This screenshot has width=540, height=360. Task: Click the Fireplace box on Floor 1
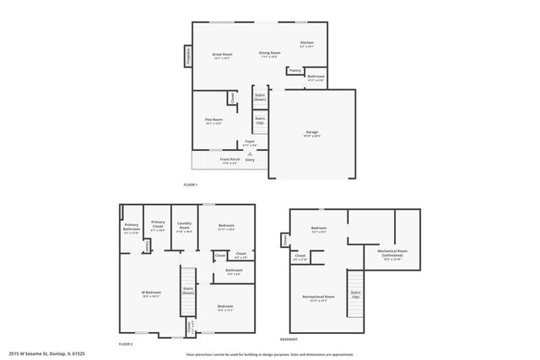click(x=187, y=56)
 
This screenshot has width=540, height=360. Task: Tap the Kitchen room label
click(x=307, y=44)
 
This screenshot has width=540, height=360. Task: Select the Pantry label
click(x=294, y=70)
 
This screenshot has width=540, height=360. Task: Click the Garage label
click(x=311, y=133)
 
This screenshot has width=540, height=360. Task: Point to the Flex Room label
click(x=213, y=121)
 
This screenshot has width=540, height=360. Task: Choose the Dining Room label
click(x=269, y=55)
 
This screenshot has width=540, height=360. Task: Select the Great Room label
click(x=222, y=55)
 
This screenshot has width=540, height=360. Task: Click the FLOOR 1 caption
click(x=190, y=185)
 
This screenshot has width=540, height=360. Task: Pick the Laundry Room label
click(x=184, y=226)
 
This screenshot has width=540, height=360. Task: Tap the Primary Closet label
click(x=158, y=226)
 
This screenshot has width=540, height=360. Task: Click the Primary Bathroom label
click(x=131, y=227)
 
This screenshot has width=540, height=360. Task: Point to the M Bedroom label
click(x=150, y=294)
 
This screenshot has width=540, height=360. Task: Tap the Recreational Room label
click(x=318, y=298)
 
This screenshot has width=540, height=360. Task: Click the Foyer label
click(x=249, y=142)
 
